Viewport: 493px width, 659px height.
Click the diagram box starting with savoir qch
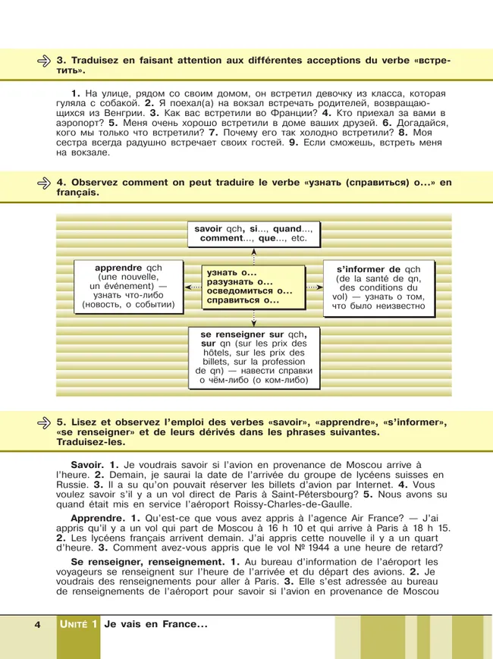(253, 233)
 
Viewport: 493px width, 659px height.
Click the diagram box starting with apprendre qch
(128, 287)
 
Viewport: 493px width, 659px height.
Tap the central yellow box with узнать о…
(253, 287)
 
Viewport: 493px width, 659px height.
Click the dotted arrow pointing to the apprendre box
(192, 288)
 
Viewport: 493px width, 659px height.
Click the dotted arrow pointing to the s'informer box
(314, 288)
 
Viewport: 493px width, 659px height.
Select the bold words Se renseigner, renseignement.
(139, 560)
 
